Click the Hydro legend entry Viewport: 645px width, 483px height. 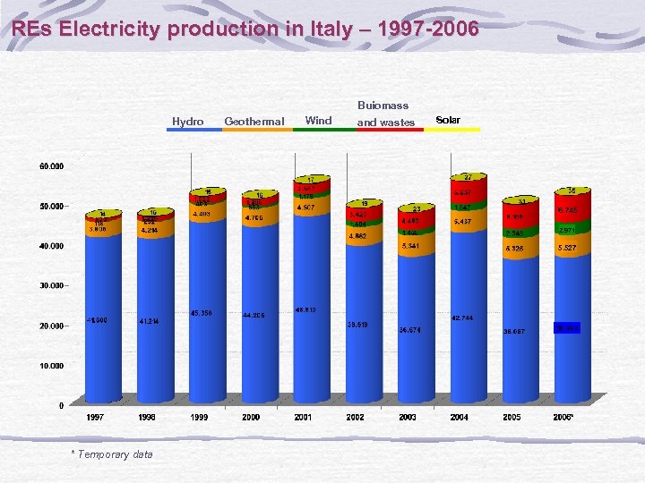click(x=188, y=121)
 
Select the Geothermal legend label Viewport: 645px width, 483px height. click(x=254, y=121)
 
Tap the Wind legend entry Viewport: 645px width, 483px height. click(x=318, y=120)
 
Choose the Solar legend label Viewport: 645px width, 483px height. click(x=448, y=120)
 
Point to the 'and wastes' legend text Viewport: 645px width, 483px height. click(x=386, y=123)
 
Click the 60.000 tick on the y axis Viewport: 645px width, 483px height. click(x=51, y=166)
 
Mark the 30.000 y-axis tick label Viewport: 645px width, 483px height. click(x=51, y=286)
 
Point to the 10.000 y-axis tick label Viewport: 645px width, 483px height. click(x=51, y=366)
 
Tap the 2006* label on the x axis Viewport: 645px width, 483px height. click(x=564, y=418)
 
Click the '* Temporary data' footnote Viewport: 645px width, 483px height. click(x=112, y=454)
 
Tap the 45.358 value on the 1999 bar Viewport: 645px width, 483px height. click(x=202, y=313)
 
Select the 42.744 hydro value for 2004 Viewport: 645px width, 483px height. click(x=463, y=318)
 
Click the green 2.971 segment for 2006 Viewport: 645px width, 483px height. click(x=567, y=230)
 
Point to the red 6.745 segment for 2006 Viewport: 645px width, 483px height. click(x=567, y=210)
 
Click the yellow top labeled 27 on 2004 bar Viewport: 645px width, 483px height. click(x=468, y=177)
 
